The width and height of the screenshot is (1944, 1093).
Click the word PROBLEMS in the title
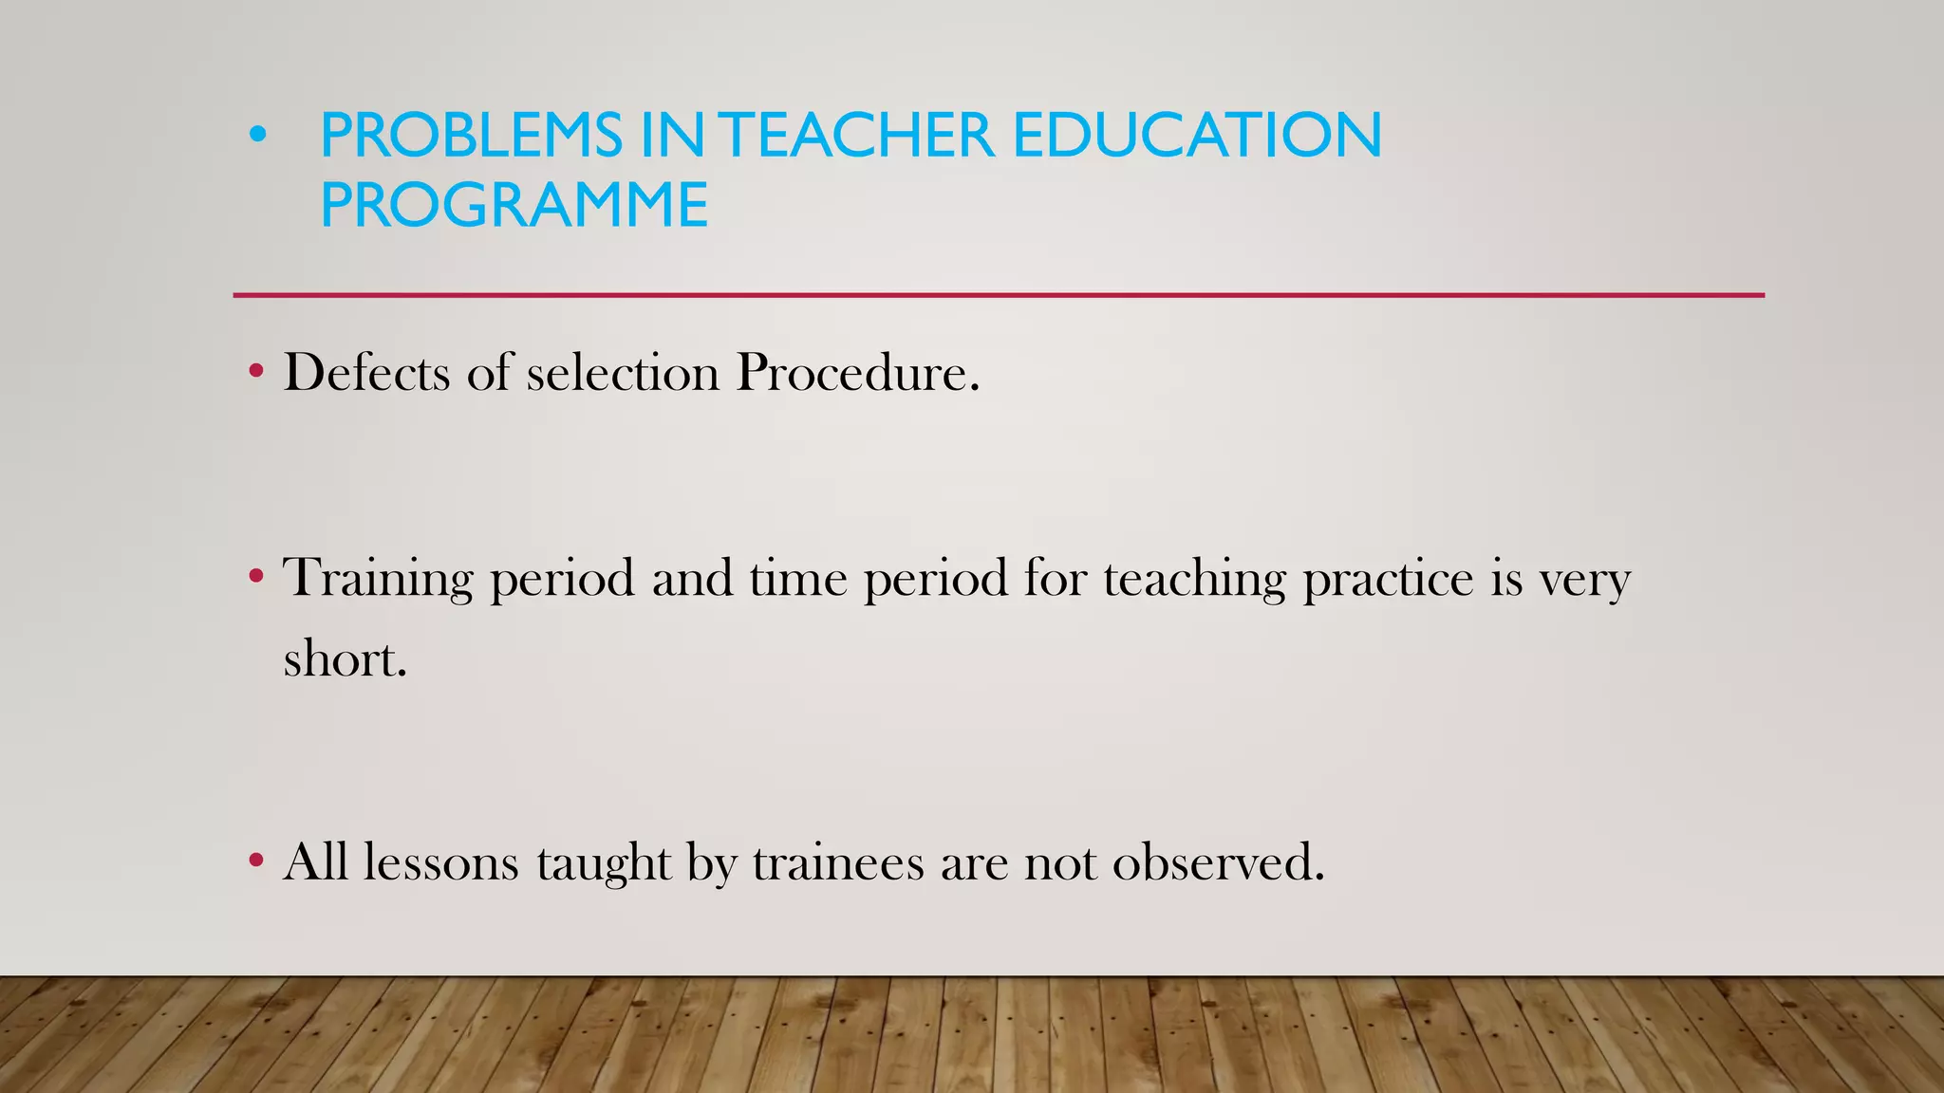(471, 135)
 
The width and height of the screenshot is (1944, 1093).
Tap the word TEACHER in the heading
(860, 135)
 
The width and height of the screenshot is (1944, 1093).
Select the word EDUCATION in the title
(1197, 135)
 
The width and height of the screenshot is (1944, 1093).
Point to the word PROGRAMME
(514, 205)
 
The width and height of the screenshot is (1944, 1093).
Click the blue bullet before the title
(257, 136)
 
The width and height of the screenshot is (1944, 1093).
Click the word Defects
(366, 372)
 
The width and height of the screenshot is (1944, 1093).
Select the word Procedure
(857, 372)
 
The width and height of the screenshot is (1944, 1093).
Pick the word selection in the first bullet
(623, 372)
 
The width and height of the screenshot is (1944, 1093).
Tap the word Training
(378, 579)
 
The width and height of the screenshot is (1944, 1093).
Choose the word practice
(1388, 579)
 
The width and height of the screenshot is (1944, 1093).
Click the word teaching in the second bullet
(1194, 579)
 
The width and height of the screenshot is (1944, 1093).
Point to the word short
(345, 658)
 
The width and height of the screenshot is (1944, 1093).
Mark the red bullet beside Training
(256, 575)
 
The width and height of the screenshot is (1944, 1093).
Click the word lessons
(441, 862)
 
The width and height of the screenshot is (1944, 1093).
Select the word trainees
(838, 862)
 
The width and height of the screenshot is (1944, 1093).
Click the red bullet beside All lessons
(256, 861)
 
